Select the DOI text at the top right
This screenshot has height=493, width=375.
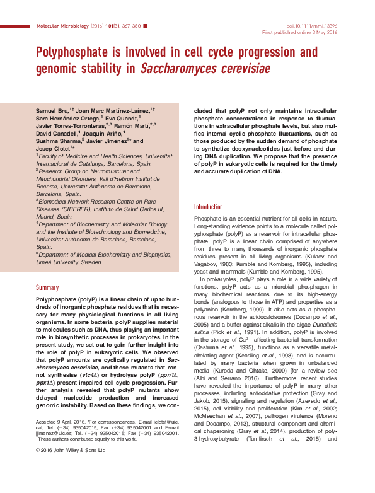click(x=318, y=25)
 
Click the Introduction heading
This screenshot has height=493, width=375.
click(x=208, y=207)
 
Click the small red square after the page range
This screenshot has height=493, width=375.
click(x=146, y=25)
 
